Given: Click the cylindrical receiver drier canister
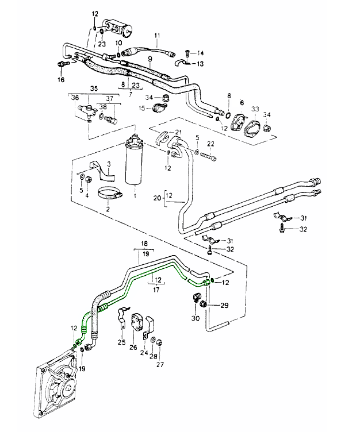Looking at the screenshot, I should point(133,164).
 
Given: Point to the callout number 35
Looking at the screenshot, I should point(94,88).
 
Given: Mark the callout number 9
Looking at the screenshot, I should point(150,59).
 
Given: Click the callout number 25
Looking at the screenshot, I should point(121,342).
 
